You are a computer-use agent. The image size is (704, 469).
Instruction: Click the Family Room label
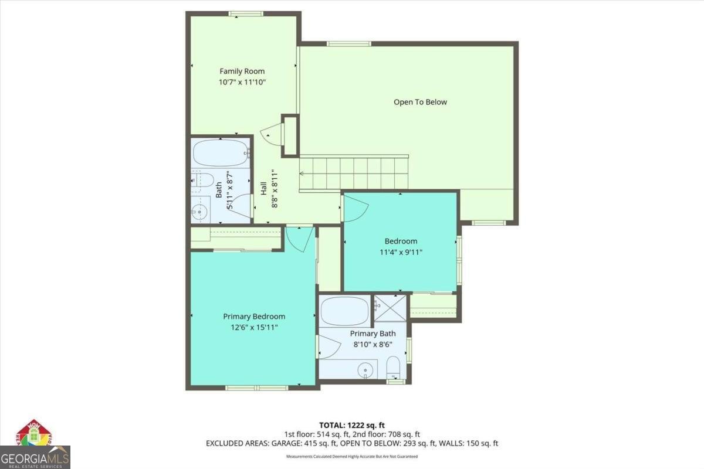click(242, 72)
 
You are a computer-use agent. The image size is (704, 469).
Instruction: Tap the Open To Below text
click(419, 102)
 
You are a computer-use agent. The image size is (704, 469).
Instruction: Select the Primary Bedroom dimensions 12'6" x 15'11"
click(254, 327)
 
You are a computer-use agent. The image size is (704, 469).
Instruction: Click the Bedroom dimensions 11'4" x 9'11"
click(401, 252)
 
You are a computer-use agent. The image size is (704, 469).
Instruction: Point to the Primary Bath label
click(373, 334)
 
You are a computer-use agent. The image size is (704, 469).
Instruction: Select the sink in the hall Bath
click(201, 209)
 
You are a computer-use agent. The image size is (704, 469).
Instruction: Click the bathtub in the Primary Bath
click(345, 311)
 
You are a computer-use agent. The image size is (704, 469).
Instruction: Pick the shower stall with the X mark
click(390, 308)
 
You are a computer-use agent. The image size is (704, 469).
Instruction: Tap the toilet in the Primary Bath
click(393, 369)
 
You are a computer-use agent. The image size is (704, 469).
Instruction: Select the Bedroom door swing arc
click(356, 209)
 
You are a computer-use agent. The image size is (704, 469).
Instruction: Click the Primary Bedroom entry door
click(300, 239)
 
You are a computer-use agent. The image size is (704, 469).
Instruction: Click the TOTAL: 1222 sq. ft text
click(351, 424)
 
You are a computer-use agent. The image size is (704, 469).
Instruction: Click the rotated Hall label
click(264, 189)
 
